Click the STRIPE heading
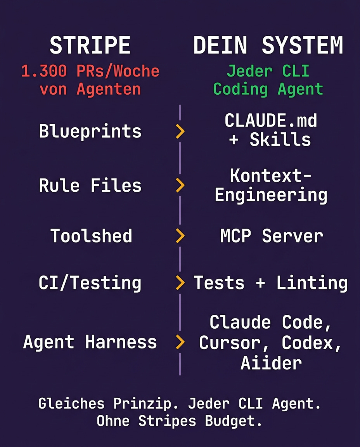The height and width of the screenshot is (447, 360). click(x=90, y=45)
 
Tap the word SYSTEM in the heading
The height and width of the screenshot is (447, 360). click(x=302, y=45)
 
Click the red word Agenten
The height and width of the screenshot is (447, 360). click(x=109, y=89)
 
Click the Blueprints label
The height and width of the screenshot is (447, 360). click(x=90, y=132)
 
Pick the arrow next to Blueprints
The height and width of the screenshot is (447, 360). click(x=180, y=132)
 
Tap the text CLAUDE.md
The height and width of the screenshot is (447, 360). click(x=271, y=121)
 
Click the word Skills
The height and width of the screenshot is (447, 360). click(x=280, y=140)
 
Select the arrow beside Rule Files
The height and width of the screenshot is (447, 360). click(x=180, y=185)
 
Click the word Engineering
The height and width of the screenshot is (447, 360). click(x=271, y=195)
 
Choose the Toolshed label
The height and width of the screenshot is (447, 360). click(x=91, y=236)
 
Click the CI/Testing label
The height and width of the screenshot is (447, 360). click(x=90, y=283)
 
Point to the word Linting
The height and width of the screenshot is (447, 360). click(x=312, y=283)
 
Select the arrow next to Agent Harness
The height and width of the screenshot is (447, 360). click(x=180, y=342)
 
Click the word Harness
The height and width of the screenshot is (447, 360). click(x=121, y=342)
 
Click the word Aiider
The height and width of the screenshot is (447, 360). click(x=271, y=363)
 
